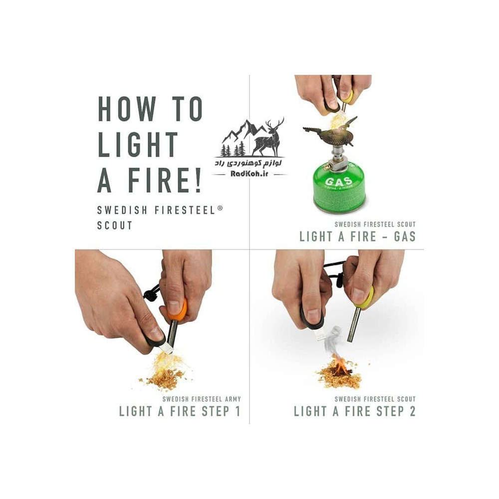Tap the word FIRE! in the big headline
point(165,181)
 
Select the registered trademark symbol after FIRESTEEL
point(220,209)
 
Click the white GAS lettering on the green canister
point(339,182)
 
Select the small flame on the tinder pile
point(339,365)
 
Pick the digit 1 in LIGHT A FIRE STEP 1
point(238,411)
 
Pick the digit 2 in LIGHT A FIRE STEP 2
point(412,411)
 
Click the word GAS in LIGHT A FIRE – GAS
point(405,237)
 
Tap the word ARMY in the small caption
point(233,399)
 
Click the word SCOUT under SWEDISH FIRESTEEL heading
point(115,226)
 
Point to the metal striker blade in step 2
point(318,334)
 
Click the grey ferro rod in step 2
point(354,324)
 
